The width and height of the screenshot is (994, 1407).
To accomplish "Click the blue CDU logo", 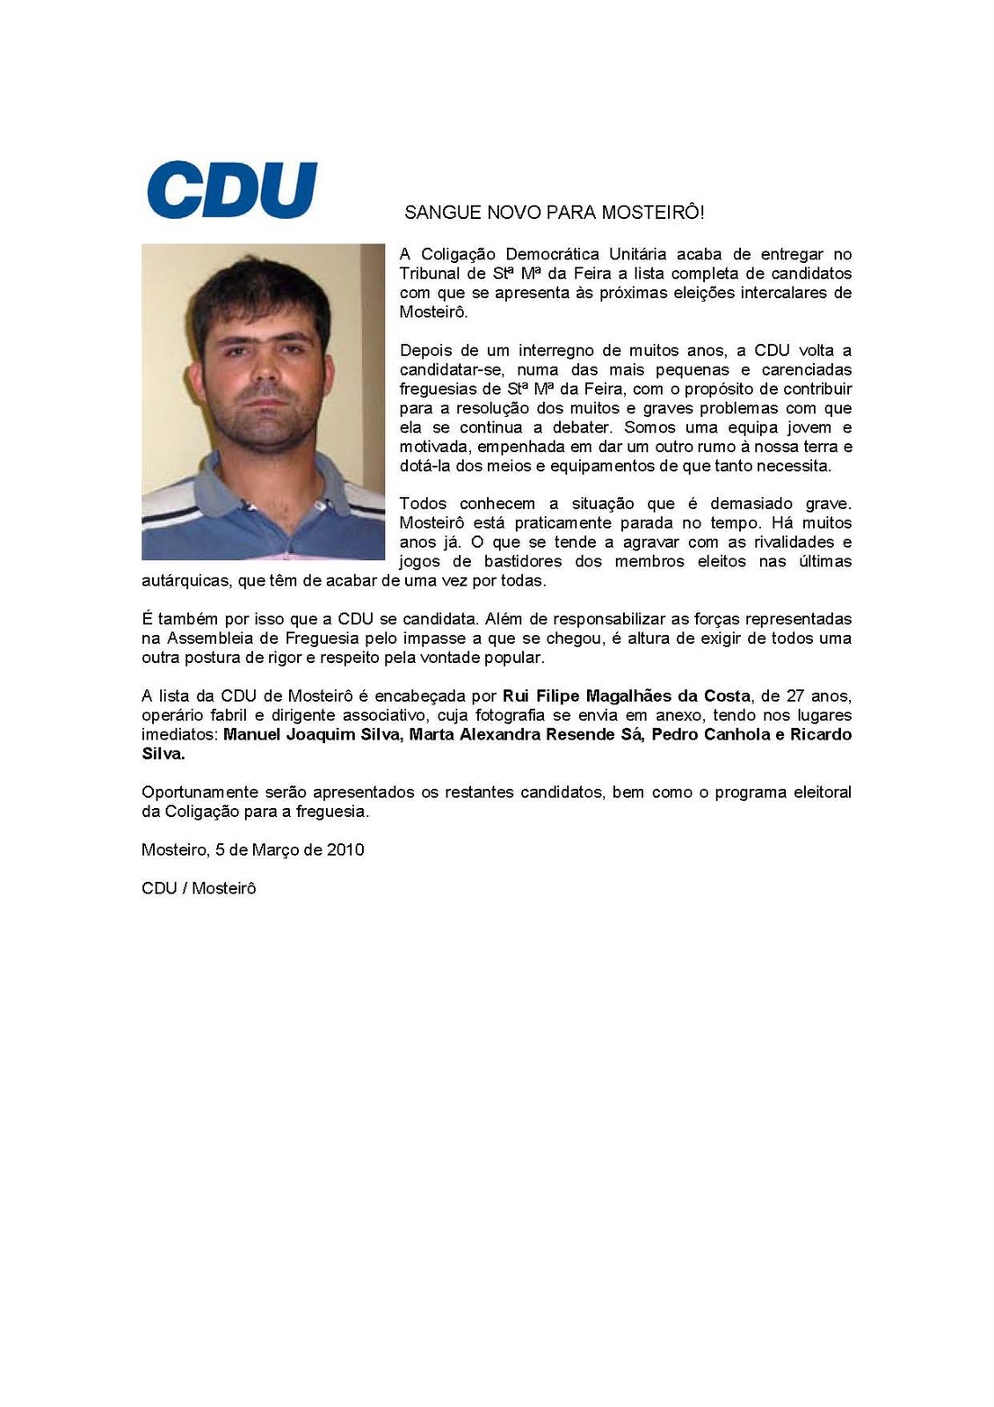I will pos(232,189).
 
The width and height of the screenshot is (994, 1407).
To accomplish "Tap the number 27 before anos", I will pos(794,696).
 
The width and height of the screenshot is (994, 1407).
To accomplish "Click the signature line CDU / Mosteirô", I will pos(199,888).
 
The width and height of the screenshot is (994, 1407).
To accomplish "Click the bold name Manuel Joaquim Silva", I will pos(311,734).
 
